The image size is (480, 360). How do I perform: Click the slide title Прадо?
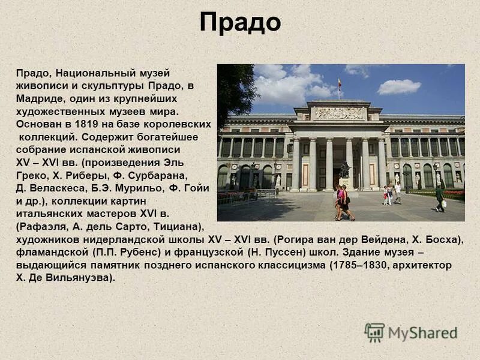(x=240, y=23)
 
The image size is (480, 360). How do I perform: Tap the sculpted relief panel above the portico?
(x=339, y=113)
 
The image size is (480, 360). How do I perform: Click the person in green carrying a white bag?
(x=440, y=199)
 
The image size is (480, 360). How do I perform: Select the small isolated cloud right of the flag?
(x=399, y=87)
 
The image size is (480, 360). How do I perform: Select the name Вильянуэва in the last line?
(x=80, y=278)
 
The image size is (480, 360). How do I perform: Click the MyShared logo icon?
(x=374, y=332)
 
